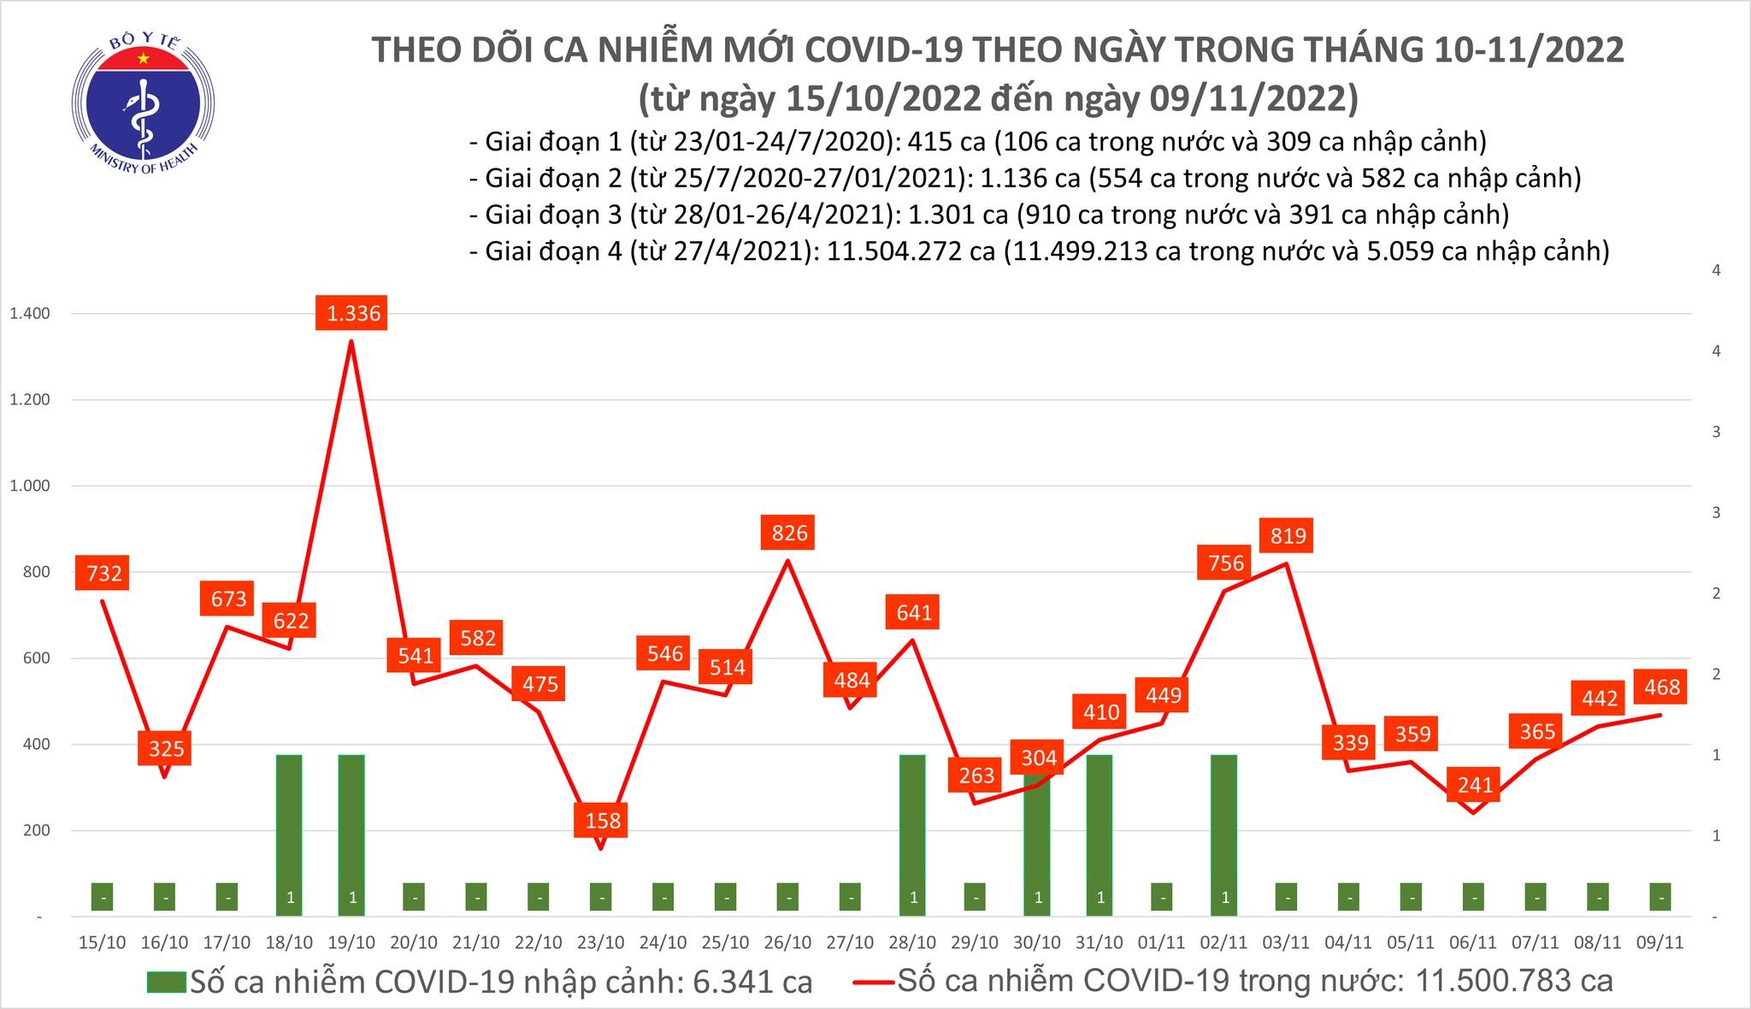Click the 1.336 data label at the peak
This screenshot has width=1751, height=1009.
(353, 313)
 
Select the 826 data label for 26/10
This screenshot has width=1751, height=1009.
(789, 533)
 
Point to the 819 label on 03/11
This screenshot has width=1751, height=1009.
(1288, 536)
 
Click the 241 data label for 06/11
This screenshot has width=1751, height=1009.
(1475, 784)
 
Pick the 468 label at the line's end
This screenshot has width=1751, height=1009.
(1662, 687)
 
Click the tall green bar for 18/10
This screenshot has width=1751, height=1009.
(290, 834)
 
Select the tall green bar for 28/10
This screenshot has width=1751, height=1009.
(913, 834)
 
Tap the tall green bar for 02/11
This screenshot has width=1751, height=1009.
(1224, 834)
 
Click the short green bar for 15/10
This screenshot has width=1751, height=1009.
(103, 897)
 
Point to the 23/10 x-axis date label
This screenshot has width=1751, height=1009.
(600, 942)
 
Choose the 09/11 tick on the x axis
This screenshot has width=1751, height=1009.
(1660, 942)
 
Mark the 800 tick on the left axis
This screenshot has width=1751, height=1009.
(37, 572)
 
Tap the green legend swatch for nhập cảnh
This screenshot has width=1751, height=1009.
(166, 982)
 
